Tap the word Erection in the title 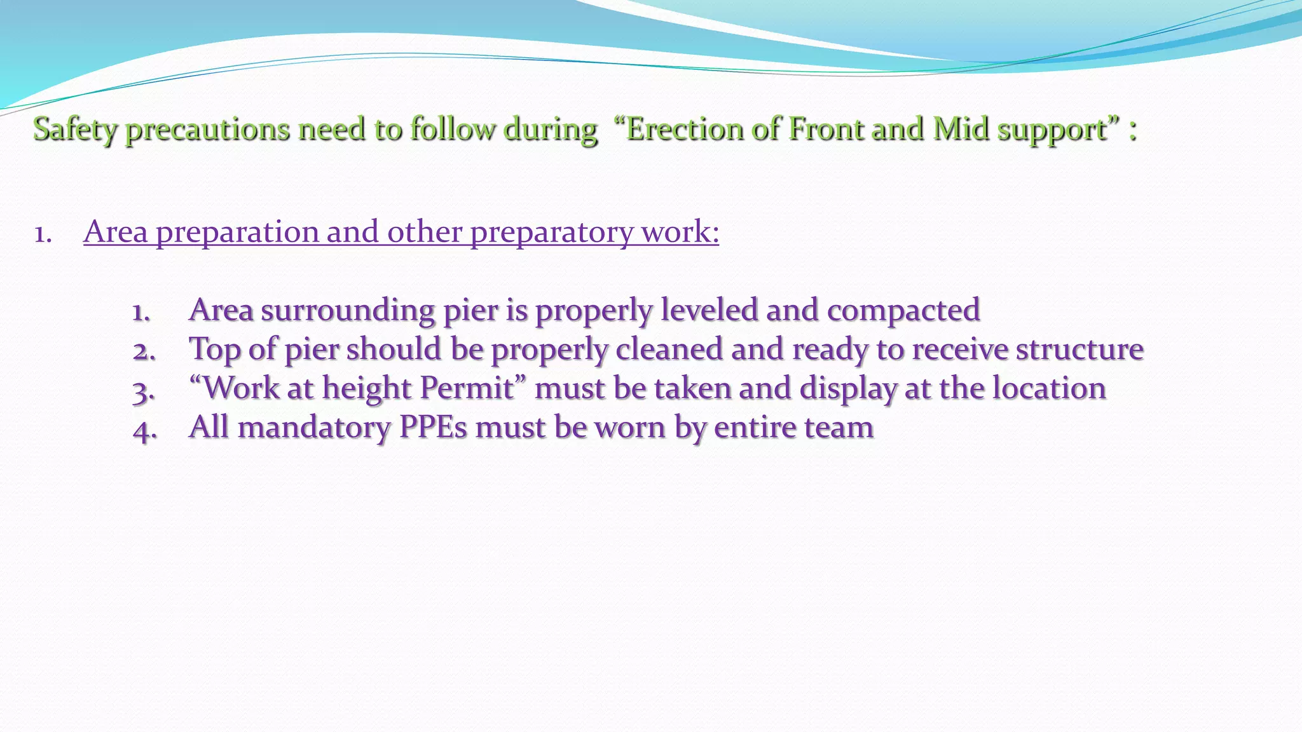[684, 129]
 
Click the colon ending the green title [1133, 130]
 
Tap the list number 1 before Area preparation [42, 234]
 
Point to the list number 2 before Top [144, 351]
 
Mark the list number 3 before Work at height [144, 390]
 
